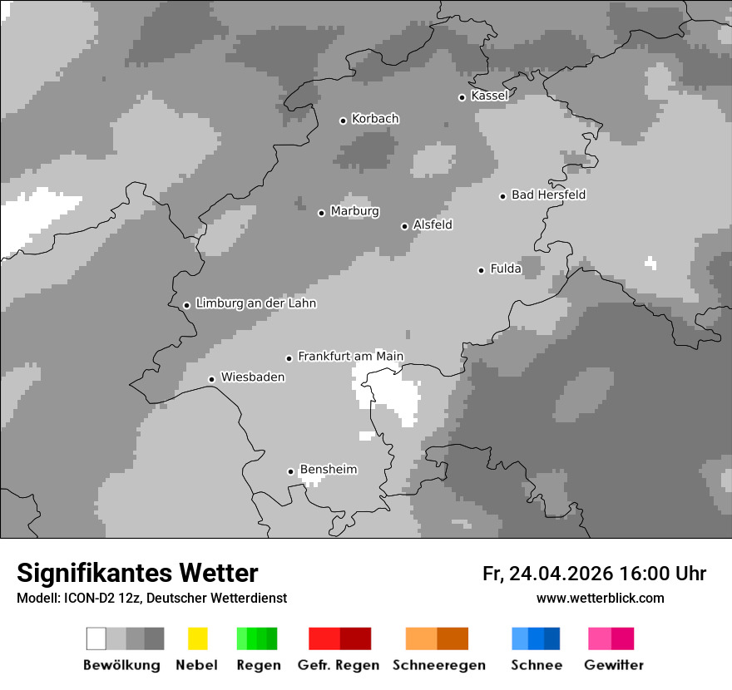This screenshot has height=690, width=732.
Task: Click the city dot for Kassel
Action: (x=462, y=97)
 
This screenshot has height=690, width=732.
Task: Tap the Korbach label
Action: (x=375, y=119)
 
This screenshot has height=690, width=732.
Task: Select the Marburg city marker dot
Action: (x=321, y=213)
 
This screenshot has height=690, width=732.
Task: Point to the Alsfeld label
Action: (x=433, y=224)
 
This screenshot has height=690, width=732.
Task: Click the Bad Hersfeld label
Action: (x=548, y=195)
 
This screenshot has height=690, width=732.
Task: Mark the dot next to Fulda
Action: (x=481, y=270)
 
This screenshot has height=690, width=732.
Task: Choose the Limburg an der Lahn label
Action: (x=255, y=303)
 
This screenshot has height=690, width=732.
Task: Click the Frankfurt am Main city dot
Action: (x=289, y=358)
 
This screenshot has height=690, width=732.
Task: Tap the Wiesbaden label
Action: (x=252, y=377)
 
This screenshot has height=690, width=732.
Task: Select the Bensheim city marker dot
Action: (x=290, y=471)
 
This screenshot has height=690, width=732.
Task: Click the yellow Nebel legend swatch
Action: (x=197, y=638)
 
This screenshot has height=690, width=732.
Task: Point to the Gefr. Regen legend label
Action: (x=339, y=665)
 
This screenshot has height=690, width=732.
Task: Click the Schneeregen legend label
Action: (x=439, y=665)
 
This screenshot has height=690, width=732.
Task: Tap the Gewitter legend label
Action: (x=614, y=665)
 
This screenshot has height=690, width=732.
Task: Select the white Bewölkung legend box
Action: (x=96, y=638)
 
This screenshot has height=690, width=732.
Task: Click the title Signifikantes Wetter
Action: (x=137, y=573)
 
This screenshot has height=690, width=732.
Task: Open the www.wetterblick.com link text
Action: (x=600, y=598)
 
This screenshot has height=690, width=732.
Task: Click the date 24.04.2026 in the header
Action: (x=561, y=574)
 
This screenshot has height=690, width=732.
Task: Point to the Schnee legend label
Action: (x=537, y=665)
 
